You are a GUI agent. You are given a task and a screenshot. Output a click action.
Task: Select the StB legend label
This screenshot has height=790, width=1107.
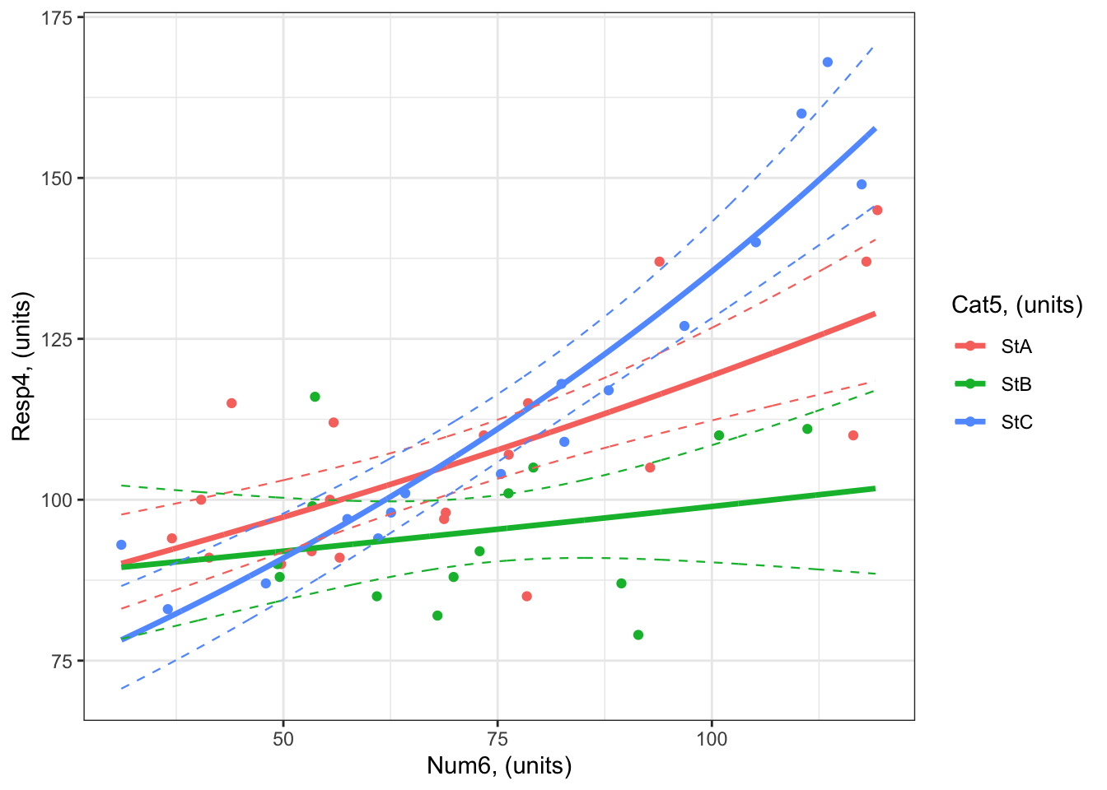click(1016, 384)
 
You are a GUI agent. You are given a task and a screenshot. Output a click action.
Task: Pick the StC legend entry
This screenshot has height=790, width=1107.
click(1016, 422)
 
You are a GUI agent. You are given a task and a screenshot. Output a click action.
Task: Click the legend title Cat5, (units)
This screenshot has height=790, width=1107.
click(1016, 305)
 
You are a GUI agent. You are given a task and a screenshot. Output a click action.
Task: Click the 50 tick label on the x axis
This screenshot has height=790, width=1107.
click(283, 738)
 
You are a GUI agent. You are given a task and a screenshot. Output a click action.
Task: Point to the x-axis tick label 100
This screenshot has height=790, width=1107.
click(712, 738)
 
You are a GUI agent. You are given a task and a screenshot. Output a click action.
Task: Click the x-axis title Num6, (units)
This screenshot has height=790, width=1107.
click(499, 767)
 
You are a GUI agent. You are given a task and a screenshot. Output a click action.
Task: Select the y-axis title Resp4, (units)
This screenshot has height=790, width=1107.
click(22, 367)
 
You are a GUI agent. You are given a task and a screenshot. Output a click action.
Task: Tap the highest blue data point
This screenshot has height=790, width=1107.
click(828, 63)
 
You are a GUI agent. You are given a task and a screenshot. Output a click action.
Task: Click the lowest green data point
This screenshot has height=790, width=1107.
click(638, 635)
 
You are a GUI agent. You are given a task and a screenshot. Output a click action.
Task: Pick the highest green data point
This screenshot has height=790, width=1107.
click(315, 397)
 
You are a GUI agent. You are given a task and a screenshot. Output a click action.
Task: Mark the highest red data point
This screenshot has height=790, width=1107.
click(877, 210)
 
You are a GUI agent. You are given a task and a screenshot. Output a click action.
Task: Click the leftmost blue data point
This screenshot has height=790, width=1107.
click(121, 545)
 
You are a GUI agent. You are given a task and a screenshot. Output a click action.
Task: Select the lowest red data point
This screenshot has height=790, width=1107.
click(527, 597)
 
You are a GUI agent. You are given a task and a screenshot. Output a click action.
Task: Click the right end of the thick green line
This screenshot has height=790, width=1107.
click(875, 489)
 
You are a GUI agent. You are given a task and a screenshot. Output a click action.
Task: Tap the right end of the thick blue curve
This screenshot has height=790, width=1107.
click(875, 129)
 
